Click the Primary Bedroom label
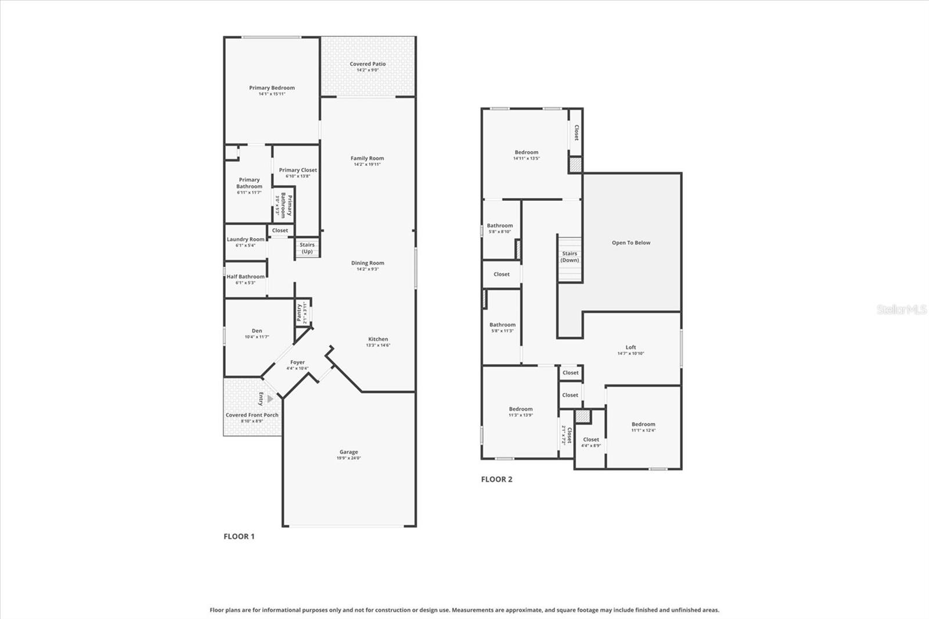point(272,88)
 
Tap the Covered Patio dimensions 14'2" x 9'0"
point(368,70)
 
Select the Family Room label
point(367,158)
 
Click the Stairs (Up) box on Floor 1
point(307,248)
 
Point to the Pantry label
point(300,312)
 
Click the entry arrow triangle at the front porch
point(270,399)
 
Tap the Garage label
point(348,452)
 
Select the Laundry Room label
point(245,239)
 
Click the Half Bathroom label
point(245,276)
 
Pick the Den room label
point(257,330)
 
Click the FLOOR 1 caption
point(239,536)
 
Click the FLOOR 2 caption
point(496,479)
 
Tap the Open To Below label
point(631,243)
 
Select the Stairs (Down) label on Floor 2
point(570,257)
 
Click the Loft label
point(631,347)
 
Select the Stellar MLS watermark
point(902,310)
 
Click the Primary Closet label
point(298,170)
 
